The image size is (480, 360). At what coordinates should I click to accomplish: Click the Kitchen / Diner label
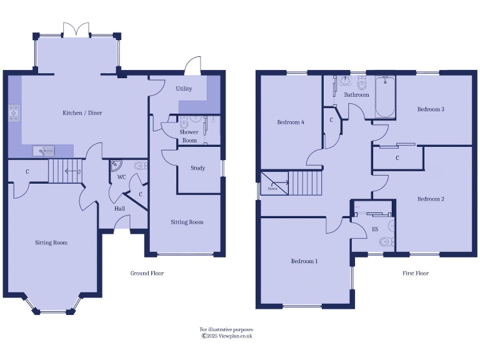pos(82,113)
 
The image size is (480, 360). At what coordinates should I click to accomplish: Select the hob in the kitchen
pos(14,113)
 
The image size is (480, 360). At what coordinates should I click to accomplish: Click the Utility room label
pos(184,89)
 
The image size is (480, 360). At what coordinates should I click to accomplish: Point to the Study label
pos(198,168)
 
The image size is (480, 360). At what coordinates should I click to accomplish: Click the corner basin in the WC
pos(116,166)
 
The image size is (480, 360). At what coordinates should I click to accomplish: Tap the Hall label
pos(119,209)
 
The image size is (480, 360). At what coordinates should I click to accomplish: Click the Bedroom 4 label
pos(291,122)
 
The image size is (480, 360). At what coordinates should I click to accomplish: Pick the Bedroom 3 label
pos(431,109)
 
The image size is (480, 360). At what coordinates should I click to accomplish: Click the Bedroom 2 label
pos(431,199)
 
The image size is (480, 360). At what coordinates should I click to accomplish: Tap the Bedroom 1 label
pos(304,261)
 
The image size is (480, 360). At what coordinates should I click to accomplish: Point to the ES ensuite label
pos(375,229)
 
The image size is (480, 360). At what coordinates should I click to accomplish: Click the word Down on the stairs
pos(272,188)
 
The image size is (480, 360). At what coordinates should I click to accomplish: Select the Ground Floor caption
pos(147,273)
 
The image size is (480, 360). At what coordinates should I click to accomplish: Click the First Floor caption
pos(416,273)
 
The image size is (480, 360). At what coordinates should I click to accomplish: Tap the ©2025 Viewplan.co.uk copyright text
pos(226,336)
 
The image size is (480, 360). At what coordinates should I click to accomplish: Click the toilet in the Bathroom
pos(361,84)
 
